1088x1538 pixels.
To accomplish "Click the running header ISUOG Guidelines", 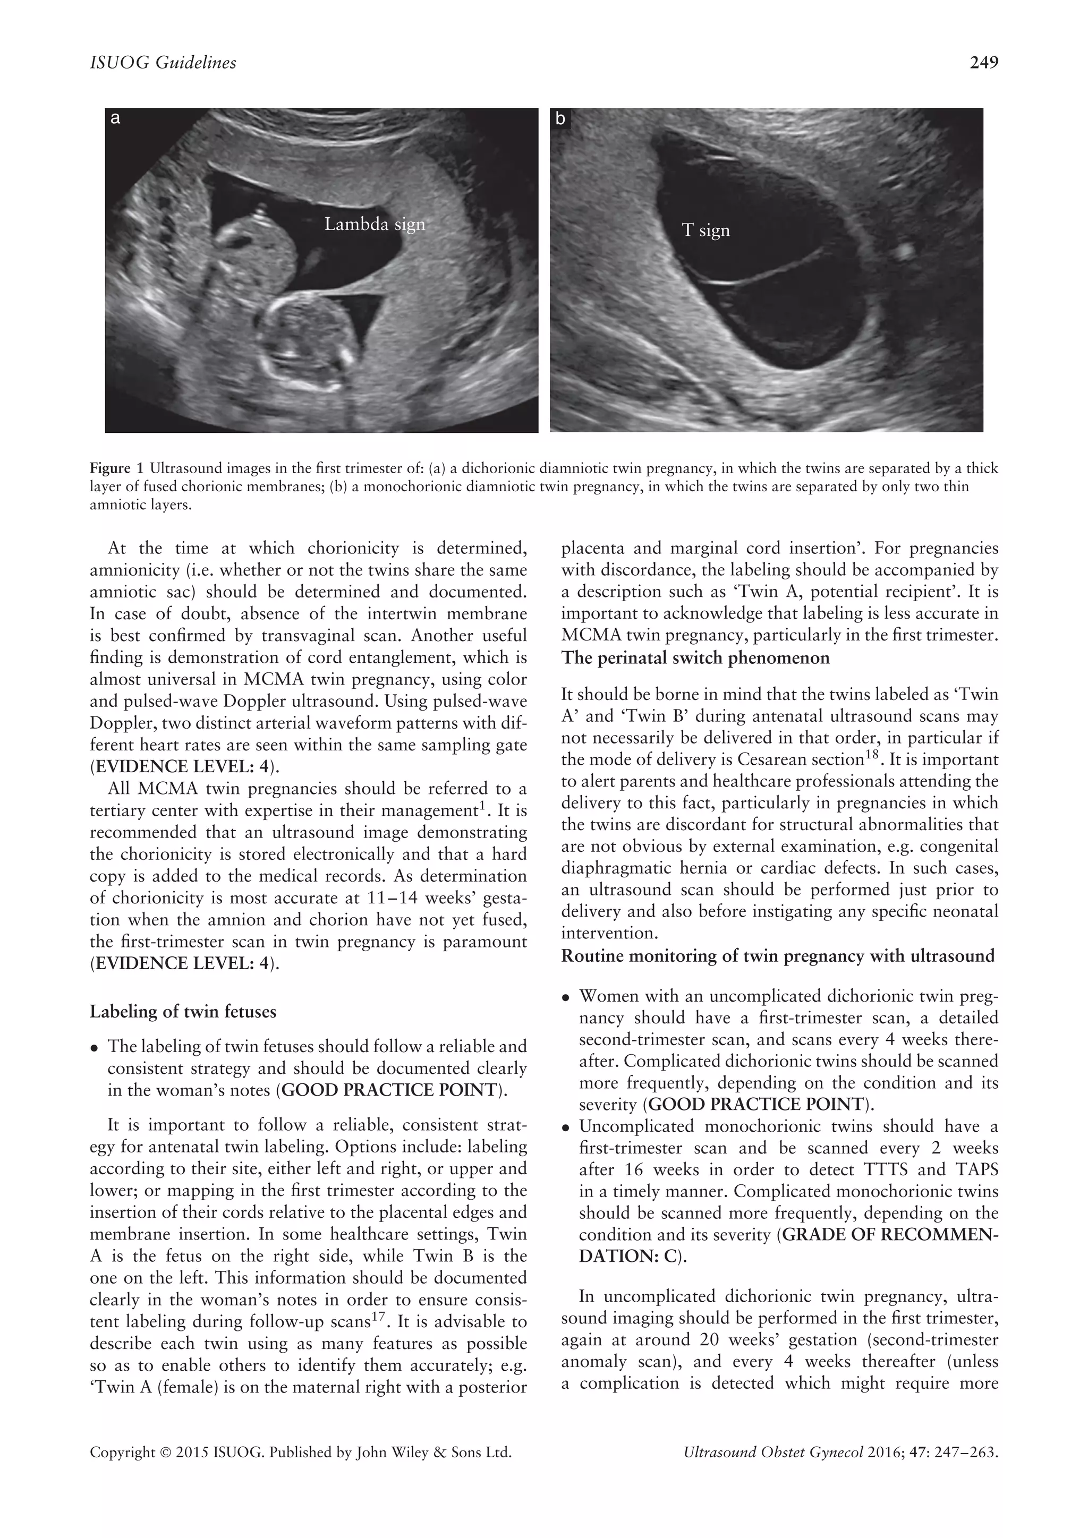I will [x=163, y=63].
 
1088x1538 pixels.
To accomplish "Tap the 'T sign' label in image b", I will [x=705, y=230].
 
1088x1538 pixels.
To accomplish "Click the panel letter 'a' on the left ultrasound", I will [x=115, y=118].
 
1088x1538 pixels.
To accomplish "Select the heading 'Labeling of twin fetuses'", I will [x=183, y=1012].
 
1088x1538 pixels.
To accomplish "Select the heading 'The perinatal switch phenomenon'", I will [x=695, y=658].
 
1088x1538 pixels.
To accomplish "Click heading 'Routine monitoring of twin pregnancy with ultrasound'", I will [x=778, y=956].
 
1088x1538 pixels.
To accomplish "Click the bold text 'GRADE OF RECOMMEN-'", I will [x=890, y=1235].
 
